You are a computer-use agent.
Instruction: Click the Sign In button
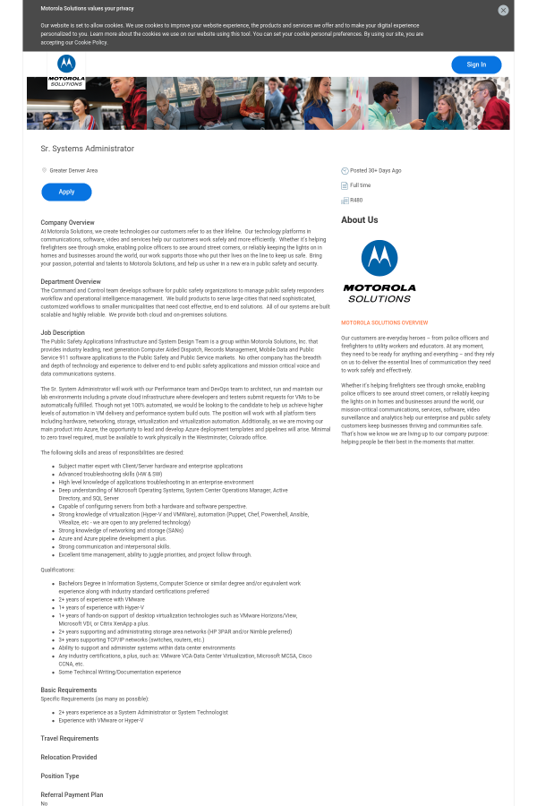coord(476,64)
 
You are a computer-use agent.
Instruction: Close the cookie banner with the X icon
coord(503,11)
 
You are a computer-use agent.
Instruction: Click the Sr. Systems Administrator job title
coord(88,149)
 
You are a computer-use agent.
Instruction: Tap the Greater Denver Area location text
coord(73,170)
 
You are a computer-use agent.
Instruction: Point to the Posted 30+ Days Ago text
coord(375,170)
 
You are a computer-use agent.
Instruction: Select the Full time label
coord(360,185)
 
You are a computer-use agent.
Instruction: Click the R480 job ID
coord(356,200)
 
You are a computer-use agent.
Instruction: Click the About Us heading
coord(359,219)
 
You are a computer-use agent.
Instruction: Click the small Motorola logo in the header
coord(66,69)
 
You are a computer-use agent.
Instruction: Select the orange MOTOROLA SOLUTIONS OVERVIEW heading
coord(384,322)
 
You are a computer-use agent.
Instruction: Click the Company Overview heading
coord(67,222)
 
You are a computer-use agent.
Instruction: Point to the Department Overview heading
coord(71,281)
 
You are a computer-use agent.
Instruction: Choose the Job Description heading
coord(63,333)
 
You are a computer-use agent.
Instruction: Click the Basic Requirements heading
coord(69,690)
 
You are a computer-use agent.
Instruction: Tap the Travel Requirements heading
coord(70,739)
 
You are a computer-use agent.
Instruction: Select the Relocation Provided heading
coord(69,758)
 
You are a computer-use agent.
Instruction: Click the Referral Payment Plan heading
coord(72,794)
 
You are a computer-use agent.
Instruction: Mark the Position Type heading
coord(60,776)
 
